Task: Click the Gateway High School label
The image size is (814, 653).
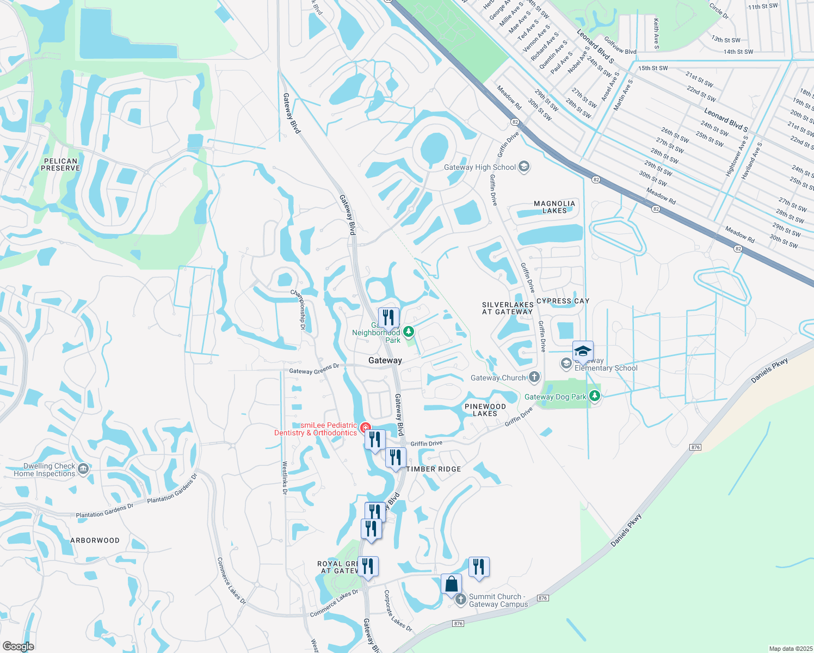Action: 479,167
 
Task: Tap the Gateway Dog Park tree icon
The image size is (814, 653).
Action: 595,396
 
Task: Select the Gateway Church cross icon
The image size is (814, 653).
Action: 534,377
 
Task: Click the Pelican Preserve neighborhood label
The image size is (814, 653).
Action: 60,164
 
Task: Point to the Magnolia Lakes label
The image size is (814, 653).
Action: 554,207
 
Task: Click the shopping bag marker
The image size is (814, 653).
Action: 452,584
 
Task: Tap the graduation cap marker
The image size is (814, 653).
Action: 583,352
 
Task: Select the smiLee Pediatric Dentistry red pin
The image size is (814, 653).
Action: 366,428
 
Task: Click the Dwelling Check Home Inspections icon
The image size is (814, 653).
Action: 83,469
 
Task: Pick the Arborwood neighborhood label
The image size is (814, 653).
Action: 95,540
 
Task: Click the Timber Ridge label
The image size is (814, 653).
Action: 434,469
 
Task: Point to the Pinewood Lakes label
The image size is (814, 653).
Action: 485,410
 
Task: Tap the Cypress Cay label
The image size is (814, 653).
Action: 563,301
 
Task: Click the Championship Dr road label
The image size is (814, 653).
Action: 298,309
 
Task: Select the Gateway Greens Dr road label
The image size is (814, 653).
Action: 314,369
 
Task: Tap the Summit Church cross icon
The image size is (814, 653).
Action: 460,599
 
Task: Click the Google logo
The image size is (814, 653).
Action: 18,646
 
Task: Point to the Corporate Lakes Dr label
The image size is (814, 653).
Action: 398,611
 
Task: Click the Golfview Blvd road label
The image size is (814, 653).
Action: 620,47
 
